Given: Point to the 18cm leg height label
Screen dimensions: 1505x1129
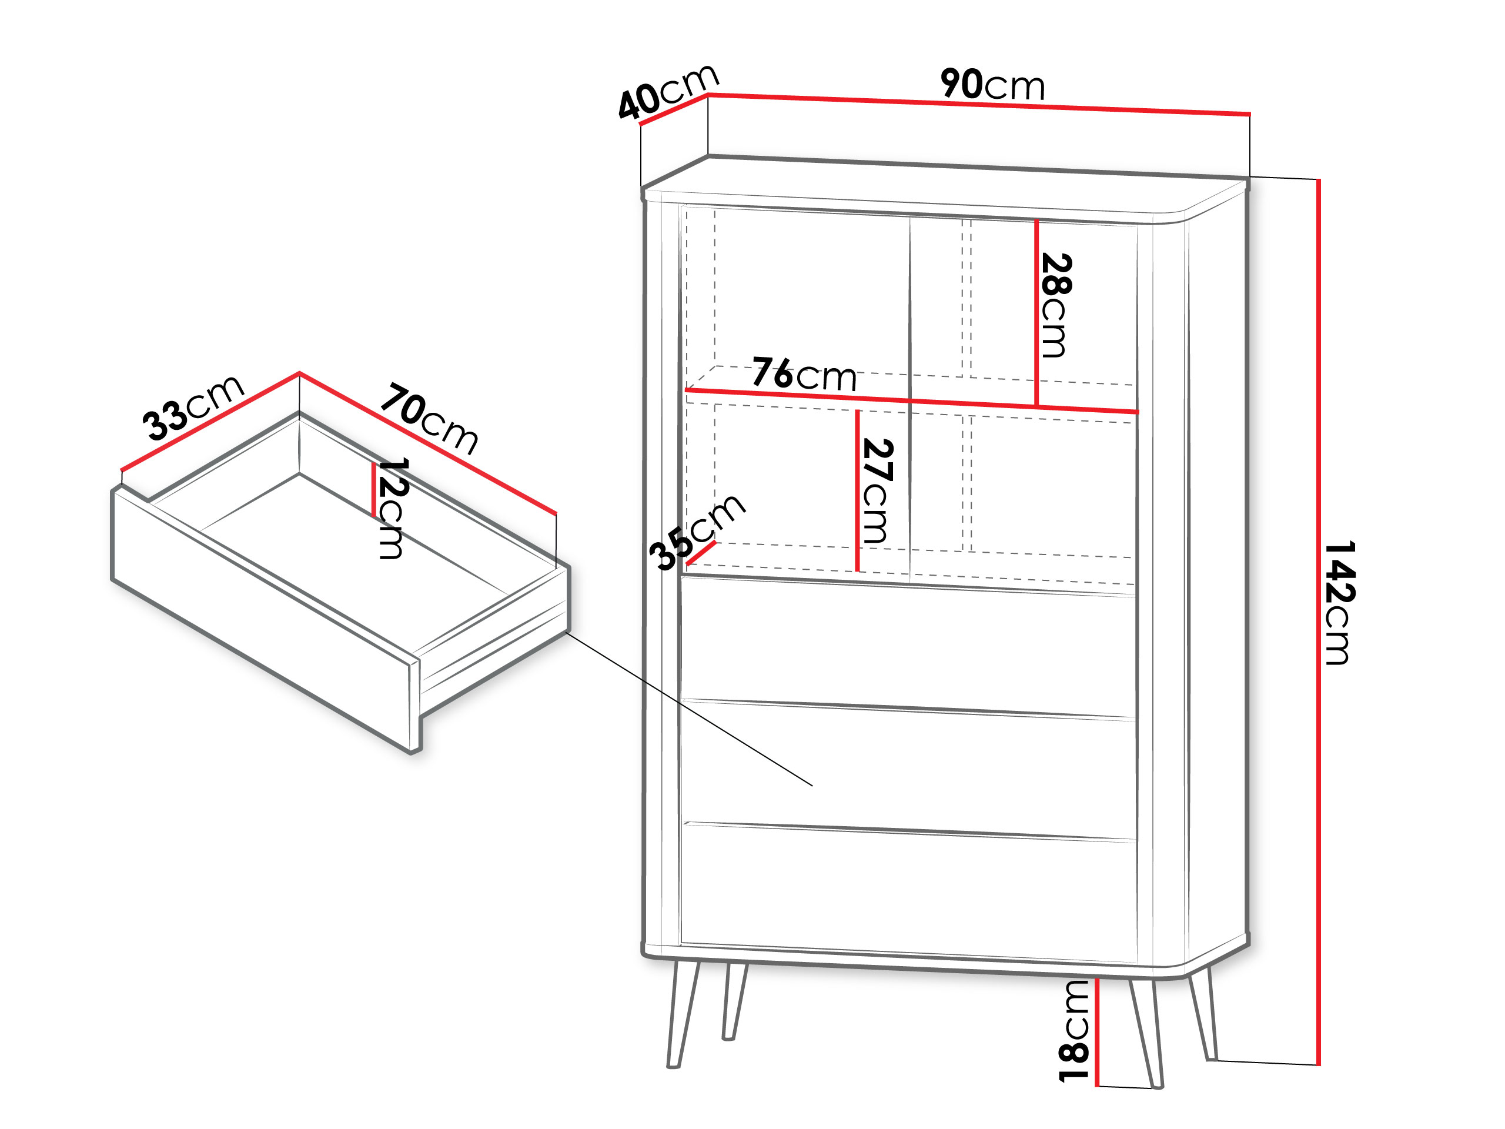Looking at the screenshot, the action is [1073, 1031].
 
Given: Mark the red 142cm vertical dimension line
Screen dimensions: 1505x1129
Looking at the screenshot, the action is [1319, 622].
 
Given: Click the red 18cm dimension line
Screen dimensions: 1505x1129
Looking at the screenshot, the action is [1097, 1033].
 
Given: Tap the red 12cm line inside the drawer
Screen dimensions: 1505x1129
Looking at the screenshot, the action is [373, 489].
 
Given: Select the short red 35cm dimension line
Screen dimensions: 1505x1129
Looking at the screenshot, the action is [701, 553].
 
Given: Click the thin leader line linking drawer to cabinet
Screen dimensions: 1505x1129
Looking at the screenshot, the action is [689, 709].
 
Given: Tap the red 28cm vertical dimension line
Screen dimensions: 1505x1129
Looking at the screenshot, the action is [1036, 313].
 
